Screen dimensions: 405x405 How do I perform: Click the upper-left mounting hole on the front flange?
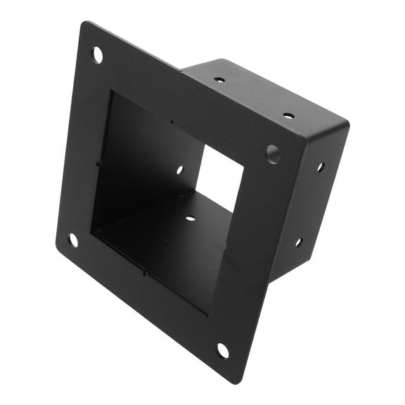pos(97,53)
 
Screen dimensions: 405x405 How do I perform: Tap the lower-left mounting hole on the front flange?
pos(73,240)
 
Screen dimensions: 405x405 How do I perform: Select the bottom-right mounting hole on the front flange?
pos(222,349)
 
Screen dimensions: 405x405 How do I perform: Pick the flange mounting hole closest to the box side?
pos(272,152)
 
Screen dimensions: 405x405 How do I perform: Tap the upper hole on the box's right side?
pos(320,167)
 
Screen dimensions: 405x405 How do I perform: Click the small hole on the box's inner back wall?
pos(180,169)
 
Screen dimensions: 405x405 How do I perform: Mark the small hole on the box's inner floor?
pos(190,218)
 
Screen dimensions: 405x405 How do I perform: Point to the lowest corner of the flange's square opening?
pos(208,313)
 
